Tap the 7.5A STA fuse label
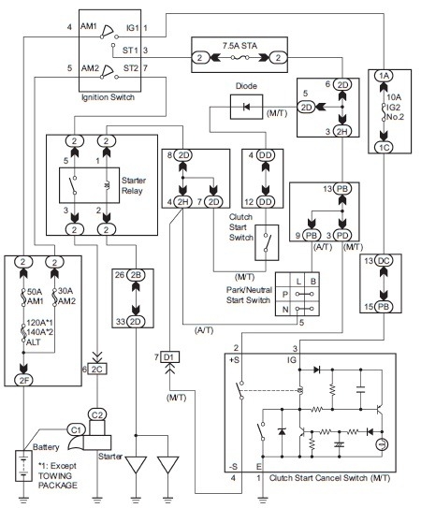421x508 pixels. click(x=236, y=43)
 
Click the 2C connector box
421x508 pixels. click(x=96, y=370)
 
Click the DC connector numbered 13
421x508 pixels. click(x=383, y=261)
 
